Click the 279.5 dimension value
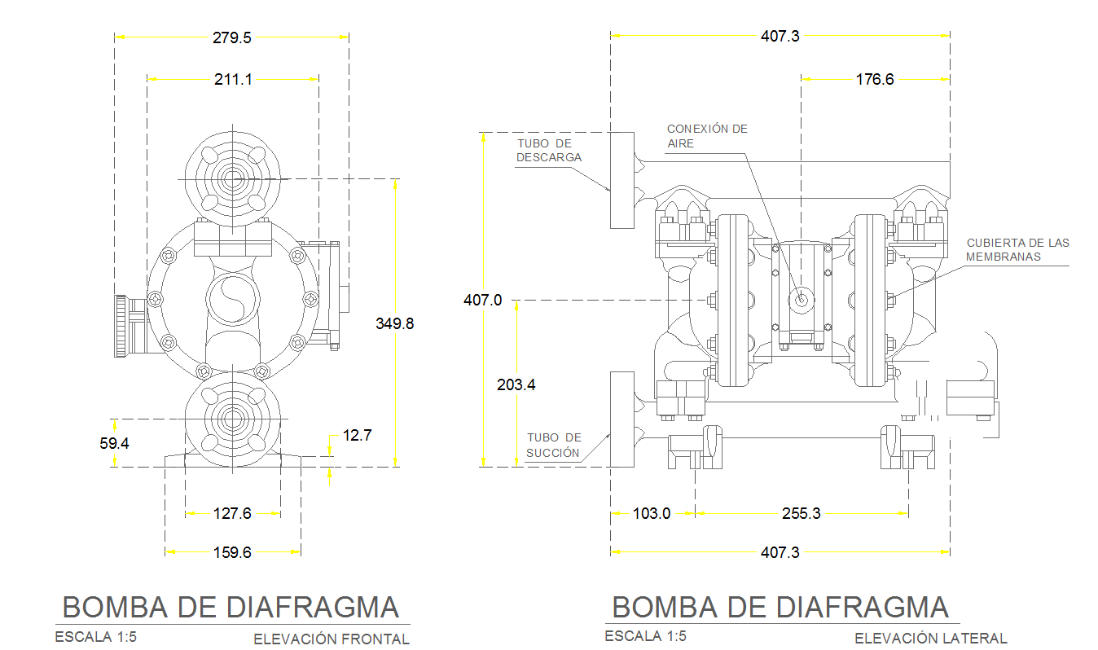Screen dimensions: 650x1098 coord(232,37)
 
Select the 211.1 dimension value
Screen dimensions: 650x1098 coord(233,80)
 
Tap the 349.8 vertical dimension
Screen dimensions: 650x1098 coord(394,323)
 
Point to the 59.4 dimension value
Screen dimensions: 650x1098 coord(115,444)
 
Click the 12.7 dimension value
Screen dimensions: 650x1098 coord(357,436)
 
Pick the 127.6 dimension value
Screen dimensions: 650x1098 coord(232,513)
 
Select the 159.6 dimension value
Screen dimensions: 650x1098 coord(232,552)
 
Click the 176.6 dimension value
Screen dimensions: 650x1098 coord(875,80)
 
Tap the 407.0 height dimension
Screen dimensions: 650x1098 coord(482,301)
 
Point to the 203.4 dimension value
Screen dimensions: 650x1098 coord(516,384)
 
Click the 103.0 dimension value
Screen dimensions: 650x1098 coord(652,513)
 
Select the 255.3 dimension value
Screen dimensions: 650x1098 coord(802,513)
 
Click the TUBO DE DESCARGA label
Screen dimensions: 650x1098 coord(550,151)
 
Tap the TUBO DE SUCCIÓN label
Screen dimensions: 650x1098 coord(553,445)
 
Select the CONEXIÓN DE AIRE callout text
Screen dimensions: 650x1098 coord(706,136)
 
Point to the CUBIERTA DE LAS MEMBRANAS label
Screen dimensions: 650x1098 coord(1017,249)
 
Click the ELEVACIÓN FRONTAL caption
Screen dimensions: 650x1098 coord(331,639)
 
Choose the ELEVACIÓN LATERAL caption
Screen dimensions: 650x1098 coord(930,639)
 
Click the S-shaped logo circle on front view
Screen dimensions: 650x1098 coord(232,299)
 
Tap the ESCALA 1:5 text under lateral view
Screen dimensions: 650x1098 coord(645,636)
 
